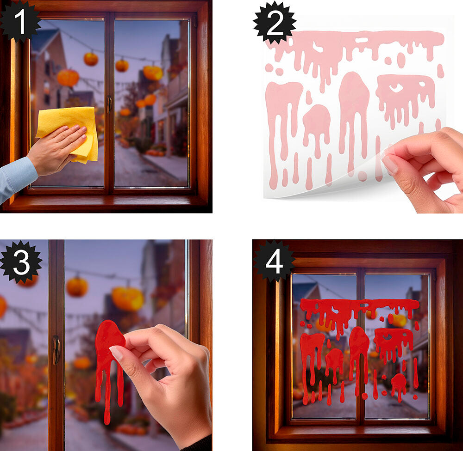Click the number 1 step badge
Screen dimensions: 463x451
click(20, 21)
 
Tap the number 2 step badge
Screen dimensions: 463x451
click(275, 23)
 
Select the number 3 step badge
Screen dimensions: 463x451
click(21, 262)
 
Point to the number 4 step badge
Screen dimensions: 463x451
click(274, 261)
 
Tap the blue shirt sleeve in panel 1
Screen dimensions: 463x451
click(16, 178)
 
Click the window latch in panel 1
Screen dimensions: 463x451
click(109, 104)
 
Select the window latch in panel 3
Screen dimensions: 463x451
click(56, 350)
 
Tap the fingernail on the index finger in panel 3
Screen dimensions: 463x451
click(116, 353)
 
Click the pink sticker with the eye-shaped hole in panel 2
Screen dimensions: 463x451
click(405, 98)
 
